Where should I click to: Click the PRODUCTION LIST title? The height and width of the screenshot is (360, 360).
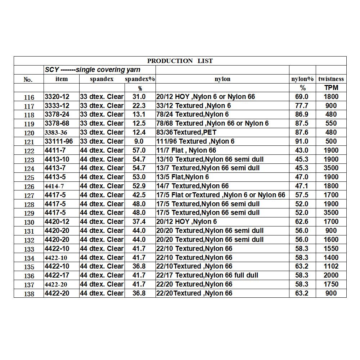coord(180,61)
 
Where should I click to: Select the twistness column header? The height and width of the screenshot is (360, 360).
coord(331,79)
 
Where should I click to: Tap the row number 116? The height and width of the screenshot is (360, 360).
coord(29,97)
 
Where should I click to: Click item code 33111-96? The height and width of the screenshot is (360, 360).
coord(59,141)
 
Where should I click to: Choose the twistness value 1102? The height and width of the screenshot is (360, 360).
coord(331,266)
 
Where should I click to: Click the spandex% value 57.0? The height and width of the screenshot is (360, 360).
coord(139,150)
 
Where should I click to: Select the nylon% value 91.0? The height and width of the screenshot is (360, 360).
coord(302,141)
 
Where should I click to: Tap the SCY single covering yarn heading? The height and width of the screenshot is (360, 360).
coord(93,70)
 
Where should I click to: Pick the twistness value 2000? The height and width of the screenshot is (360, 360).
coord(331,275)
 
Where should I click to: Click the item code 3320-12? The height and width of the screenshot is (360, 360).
coord(57,96)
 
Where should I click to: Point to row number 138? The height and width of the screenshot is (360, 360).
coord(29,294)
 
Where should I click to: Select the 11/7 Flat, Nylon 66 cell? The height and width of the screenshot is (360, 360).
coord(186,150)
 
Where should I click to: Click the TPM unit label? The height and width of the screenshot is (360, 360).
coord(331,88)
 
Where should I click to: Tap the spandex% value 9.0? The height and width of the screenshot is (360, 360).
coord(139,141)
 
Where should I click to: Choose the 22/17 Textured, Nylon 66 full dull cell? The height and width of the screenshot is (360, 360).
coord(207,275)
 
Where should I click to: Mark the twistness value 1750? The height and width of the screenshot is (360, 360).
coord(331,284)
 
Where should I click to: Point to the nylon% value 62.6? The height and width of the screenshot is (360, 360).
coord(302,221)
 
